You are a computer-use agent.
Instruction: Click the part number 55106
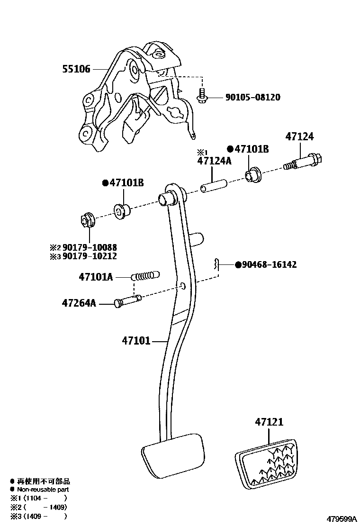pyautogui.click(x=76, y=69)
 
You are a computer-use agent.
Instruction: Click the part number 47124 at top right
pyautogui.click(x=299, y=137)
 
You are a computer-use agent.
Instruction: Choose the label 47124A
pyautogui.click(x=215, y=161)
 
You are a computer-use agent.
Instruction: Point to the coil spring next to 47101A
pyautogui.click(x=144, y=276)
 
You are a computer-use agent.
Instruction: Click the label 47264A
pyautogui.click(x=79, y=302)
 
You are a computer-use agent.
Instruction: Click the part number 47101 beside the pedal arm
pyautogui.click(x=135, y=340)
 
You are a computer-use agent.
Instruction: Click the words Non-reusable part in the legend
pyautogui.click(x=43, y=490)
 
